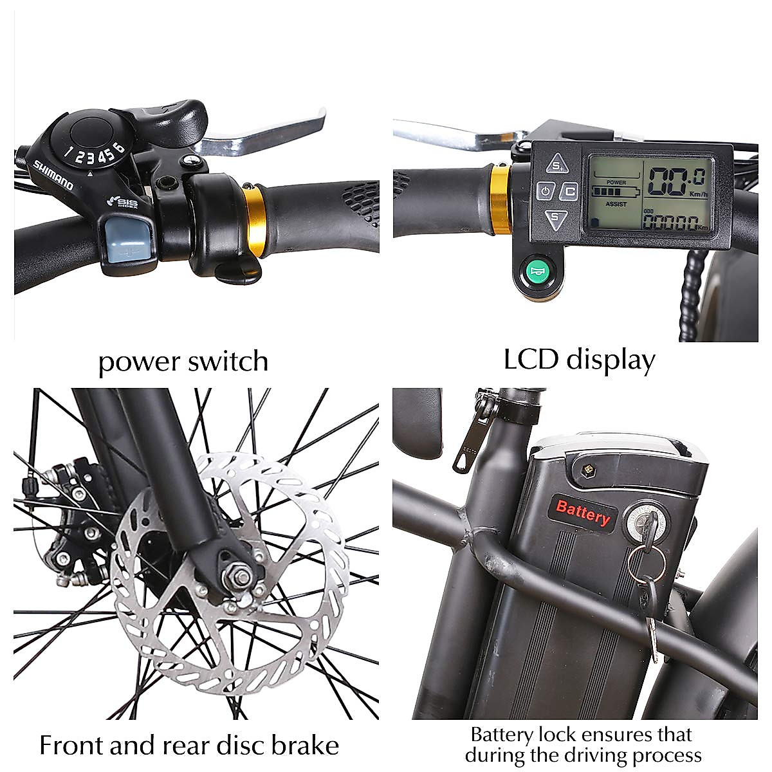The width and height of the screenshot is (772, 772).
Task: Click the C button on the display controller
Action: [x=569, y=191]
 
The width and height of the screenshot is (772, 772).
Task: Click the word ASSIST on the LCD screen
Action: [x=616, y=203]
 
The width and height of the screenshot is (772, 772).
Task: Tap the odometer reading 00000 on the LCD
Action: [x=669, y=223]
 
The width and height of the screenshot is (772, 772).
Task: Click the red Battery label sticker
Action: [x=583, y=513]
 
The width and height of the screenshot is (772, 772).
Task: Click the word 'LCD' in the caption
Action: [x=531, y=360]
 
